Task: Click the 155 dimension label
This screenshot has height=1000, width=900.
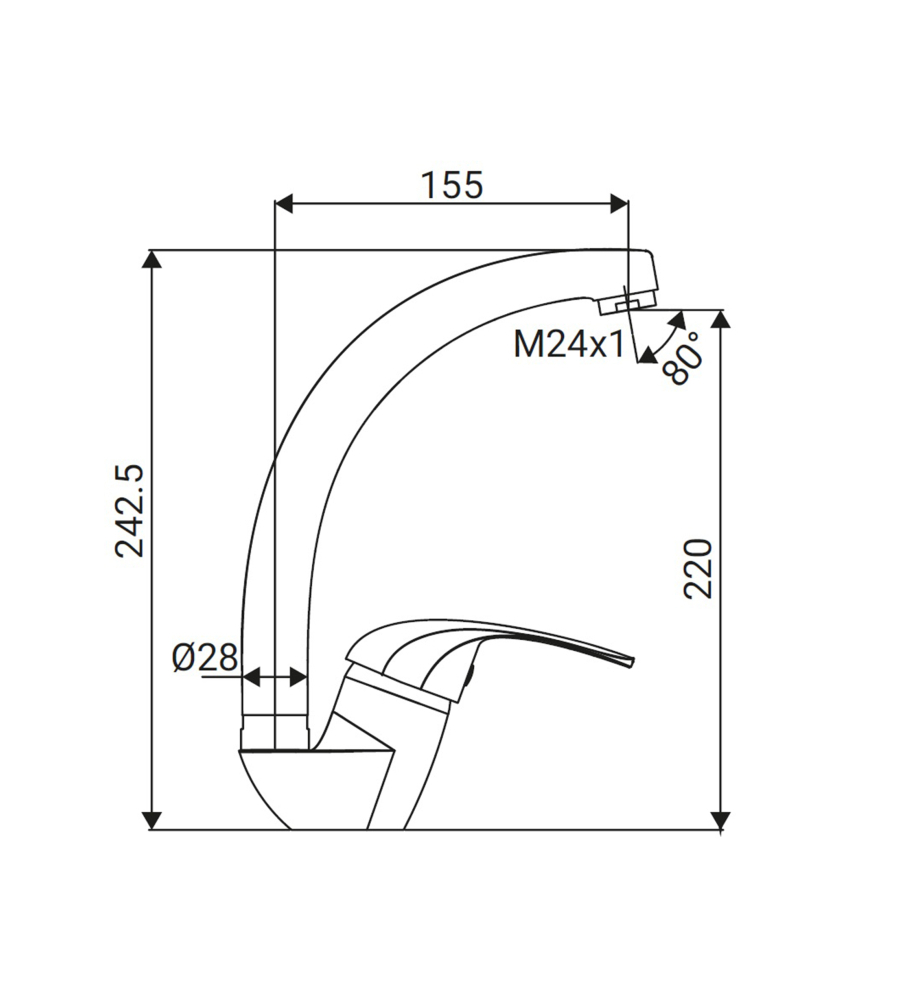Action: point(451,185)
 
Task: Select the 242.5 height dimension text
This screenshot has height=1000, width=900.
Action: point(130,510)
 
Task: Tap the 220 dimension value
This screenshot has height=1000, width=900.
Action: point(698,568)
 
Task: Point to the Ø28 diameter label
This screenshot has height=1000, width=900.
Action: point(205,657)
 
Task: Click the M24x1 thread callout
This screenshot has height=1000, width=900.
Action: point(569,344)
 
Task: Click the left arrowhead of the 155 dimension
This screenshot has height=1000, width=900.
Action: point(283,204)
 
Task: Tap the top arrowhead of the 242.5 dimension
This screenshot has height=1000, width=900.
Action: point(152,259)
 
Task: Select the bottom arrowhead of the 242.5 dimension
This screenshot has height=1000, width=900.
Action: point(152,819)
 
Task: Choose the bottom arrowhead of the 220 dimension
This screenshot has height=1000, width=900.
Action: point(722,819)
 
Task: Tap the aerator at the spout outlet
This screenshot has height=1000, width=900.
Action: point(627,301)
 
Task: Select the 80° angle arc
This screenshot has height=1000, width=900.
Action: point(663,336)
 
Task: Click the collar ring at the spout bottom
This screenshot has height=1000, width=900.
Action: point(275,731)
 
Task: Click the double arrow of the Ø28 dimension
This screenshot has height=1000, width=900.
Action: point(275,677)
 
